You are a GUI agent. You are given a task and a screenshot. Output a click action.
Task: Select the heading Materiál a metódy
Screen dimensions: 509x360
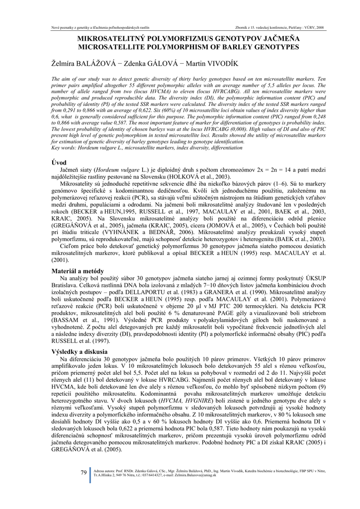pyautogui.click(x=78, y=271)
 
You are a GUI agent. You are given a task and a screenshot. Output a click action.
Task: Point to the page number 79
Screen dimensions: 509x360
pyautogui.click(x=84, y=472)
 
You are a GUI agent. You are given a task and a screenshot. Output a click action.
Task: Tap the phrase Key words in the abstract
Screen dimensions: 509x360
pyautogui.click(x=63, y=148)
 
